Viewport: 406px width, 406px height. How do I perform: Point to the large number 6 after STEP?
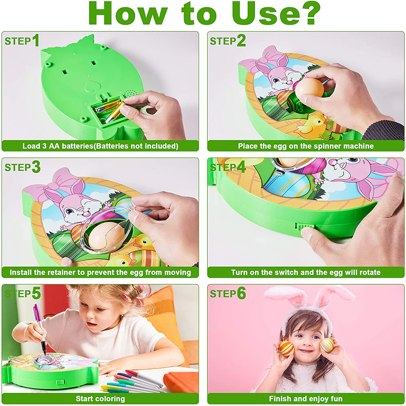click(x=242, y=293)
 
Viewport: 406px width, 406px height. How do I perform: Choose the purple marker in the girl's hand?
click(x=39, y=325)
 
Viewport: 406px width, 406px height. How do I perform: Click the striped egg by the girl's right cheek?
click(x=286, y=348)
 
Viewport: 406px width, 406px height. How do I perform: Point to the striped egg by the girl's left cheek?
click(x=327, y=345)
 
